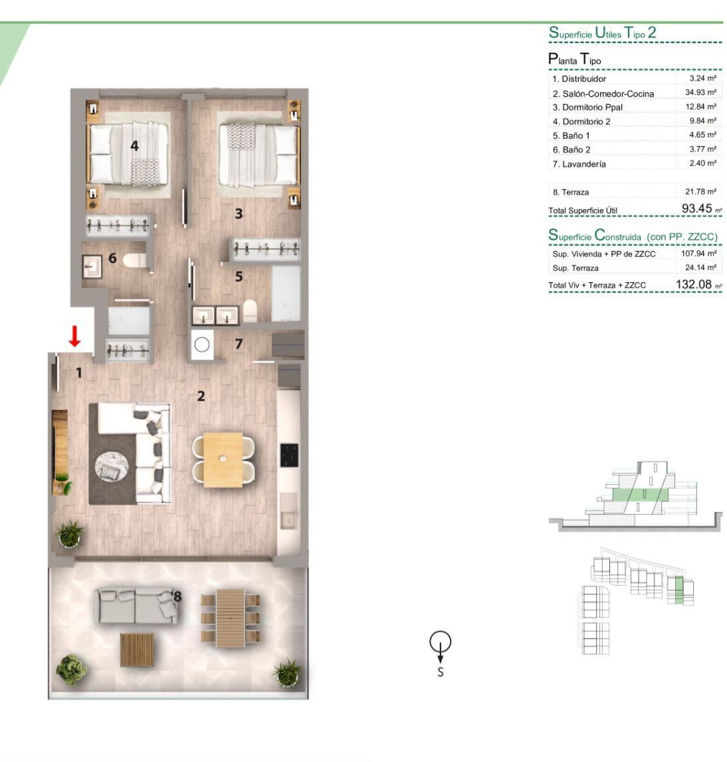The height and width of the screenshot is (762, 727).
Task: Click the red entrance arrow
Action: click(x=74, y=336)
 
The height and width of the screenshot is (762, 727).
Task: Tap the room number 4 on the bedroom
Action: click(x=135, y=145)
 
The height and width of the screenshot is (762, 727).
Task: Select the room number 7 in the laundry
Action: click(x=239, y=344)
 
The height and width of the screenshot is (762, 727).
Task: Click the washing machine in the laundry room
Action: click(x=202, y=345)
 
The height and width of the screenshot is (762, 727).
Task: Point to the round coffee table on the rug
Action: click(x=112, y=467)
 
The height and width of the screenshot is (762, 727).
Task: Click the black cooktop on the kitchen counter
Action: click(x=289, y=455)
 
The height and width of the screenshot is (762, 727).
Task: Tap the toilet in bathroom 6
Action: click(x=134, y=260)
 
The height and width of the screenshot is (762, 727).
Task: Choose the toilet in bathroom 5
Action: click(x=250, y=310)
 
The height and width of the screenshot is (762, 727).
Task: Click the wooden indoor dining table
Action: click(x=223, y=460)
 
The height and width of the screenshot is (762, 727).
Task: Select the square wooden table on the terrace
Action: click(x=137, y=649)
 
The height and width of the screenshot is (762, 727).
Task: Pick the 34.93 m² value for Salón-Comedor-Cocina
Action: click(x=701, y=92)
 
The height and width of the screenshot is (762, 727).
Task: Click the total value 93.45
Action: click(x=697, y=209)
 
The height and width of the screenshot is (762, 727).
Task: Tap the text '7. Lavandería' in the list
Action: click(x=579, y=164)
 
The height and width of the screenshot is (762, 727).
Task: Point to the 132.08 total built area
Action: click(x=694, y=284)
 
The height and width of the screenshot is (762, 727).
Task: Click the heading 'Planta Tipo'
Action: click(x=574, y=59)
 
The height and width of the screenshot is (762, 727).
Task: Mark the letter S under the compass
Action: click(x=441, y=672)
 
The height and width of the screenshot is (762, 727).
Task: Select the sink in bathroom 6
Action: click(x=92, y=266)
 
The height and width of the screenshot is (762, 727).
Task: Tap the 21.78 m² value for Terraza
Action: click(x=701, y=191)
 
